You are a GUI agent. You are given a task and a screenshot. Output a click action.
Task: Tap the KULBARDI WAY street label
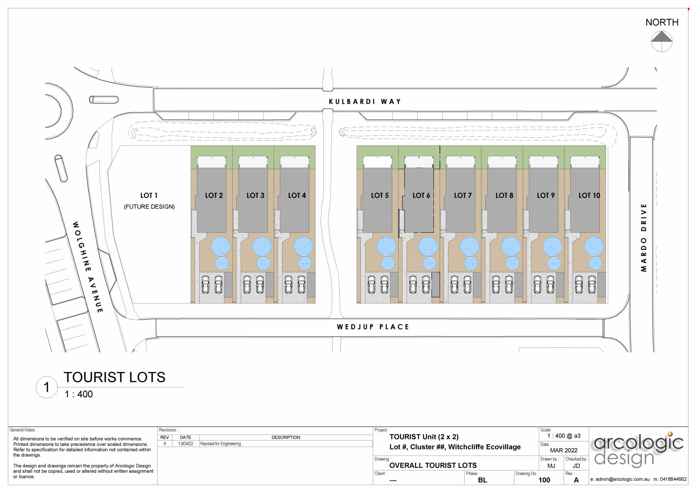(365, 102)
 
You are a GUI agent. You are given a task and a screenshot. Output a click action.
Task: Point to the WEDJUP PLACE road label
(373, 327)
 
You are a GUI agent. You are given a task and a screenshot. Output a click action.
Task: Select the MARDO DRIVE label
(644, 237)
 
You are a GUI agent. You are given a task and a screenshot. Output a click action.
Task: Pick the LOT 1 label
(149, 196)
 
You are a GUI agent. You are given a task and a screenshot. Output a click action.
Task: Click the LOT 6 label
(421, 196)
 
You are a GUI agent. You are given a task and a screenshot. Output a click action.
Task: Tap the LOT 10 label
(589, 196)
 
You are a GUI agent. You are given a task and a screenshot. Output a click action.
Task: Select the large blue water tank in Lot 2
(220, 246)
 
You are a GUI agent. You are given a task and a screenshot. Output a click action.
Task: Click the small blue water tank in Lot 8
(512, 263)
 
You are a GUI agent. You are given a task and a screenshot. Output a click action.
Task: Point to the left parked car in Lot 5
(371, 284)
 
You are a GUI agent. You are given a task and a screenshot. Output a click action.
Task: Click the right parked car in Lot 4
(301, 284)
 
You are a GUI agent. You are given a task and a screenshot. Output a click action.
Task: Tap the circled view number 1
(46, 387)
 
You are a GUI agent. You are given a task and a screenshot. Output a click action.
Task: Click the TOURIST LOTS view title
(114, 378)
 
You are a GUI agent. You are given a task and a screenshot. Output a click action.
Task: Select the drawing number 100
(544, 480)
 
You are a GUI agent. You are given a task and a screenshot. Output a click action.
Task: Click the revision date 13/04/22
(186, 444)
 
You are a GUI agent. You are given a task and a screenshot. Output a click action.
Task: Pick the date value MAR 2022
(563, 450)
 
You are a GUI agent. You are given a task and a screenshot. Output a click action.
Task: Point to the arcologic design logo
(638, 450)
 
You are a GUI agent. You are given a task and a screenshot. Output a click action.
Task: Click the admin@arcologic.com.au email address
(622, 479)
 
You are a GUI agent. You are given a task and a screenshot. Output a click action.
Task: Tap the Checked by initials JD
(576, 466)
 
